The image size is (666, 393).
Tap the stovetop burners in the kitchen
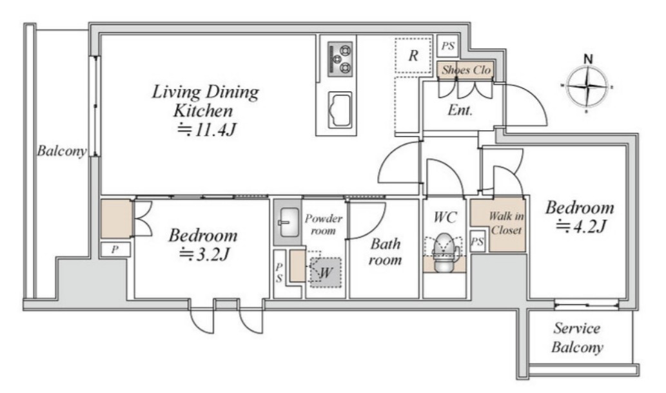point(340,59)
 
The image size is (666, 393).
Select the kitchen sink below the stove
point(340,110)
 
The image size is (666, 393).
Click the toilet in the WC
point(443,253)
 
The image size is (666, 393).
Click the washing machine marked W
point(326,272)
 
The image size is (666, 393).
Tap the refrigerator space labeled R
point(413,55)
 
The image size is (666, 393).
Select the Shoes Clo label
point(466,70)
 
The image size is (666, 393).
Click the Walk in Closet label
point(506,223)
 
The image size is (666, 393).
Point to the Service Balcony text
point(577,338)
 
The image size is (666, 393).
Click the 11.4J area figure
point(206,129)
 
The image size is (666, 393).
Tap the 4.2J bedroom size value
point(581,227)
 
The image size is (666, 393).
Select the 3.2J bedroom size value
point(204,254)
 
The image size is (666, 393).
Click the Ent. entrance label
point(460,110)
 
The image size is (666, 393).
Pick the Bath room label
point(386,251)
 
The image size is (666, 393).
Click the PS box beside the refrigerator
point(447,46)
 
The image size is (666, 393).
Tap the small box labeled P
point(115,249)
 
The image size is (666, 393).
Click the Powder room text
point(324,224)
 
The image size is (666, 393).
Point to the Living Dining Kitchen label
point(205,101)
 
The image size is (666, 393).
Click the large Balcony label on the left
point(62,151)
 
